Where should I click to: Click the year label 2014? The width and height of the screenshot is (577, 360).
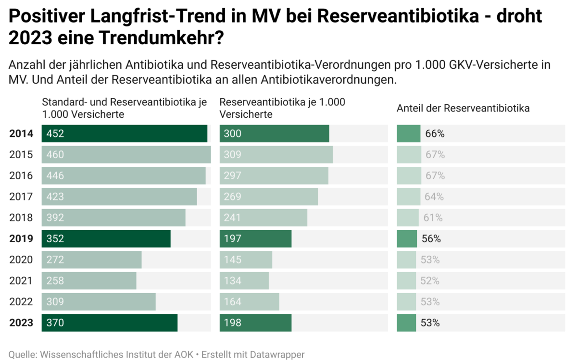coord(21,134)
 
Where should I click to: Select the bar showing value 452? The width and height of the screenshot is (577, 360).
coord(124,134)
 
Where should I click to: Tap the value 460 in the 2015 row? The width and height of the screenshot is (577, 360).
coord(55,155)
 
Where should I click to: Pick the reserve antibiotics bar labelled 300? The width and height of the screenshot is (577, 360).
coord(274,134)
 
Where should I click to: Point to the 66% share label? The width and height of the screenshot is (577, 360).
coord(435,134)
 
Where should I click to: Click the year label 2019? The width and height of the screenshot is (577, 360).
coord(21,239)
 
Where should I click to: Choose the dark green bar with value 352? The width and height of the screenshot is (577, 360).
coord(106,239)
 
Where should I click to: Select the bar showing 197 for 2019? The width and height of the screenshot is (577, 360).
coord(255,239)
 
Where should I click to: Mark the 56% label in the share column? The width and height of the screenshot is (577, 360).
coord(431,239)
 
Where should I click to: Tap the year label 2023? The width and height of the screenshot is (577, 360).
coord(21,323)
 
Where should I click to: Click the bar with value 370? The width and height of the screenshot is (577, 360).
coord(109,323)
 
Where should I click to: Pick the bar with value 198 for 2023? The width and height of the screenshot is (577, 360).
coord(255,323)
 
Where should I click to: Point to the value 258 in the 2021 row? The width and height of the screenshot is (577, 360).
coord(55,281)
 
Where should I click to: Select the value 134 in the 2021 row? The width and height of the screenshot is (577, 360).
coord(233,281)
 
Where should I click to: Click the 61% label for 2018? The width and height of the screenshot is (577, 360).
coord(433,218)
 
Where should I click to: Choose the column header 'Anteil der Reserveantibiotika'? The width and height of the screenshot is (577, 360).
coord(463,108)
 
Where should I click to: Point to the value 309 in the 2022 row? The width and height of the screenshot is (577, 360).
coord(55,302)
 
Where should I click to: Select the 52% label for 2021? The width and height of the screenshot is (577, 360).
coord(430,281)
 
